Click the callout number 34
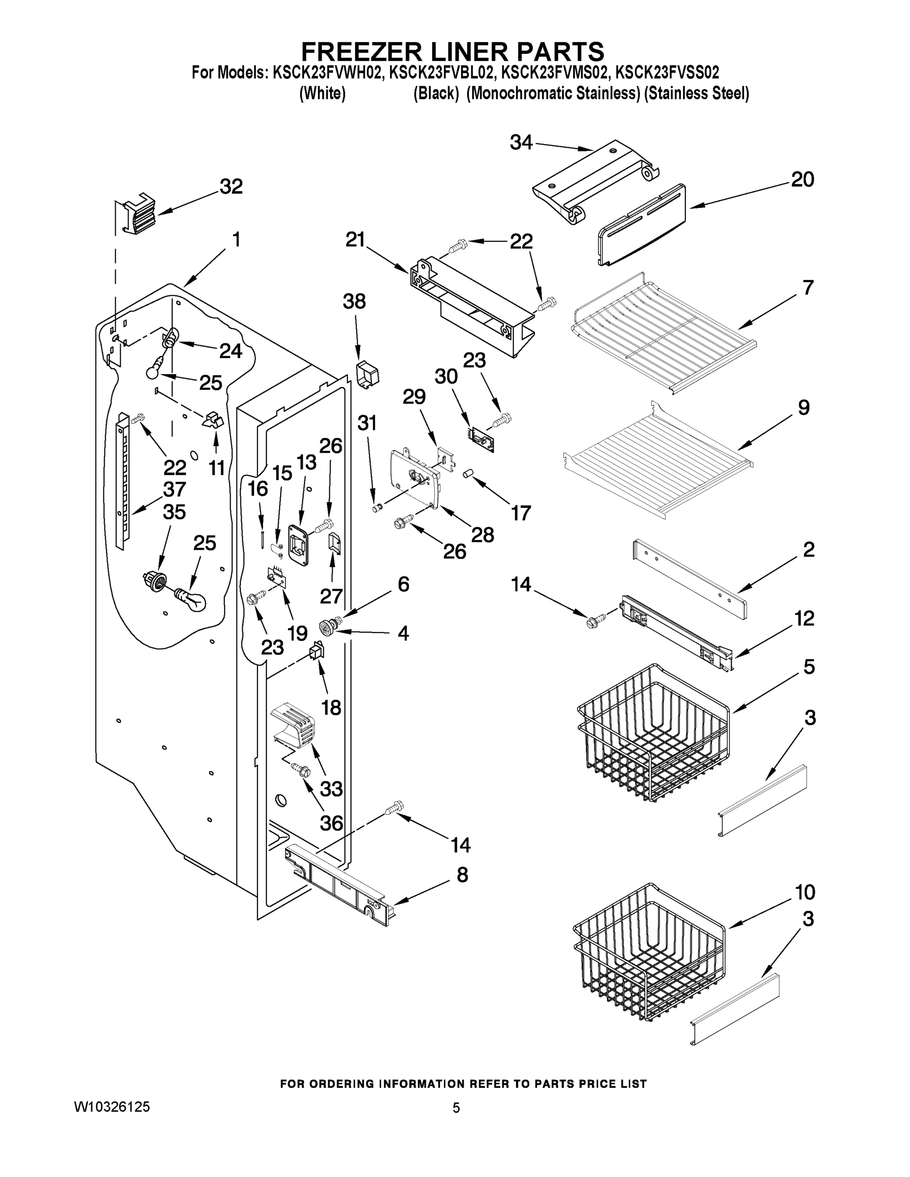[x=521, y=143]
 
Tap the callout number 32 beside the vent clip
[x=231, y=186]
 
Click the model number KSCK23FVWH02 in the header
[x=328, y=72]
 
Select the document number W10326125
[x=111, y=1107]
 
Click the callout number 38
[x=354, y=302]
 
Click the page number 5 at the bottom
[x=456, y=1108]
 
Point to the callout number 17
[x=521, y=513]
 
